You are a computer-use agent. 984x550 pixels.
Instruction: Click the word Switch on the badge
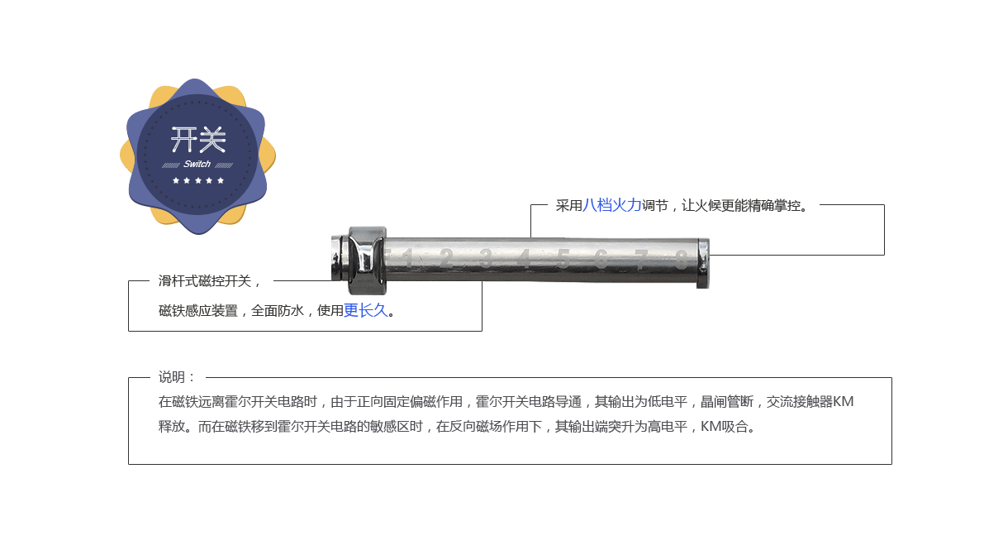[x=197, y=164]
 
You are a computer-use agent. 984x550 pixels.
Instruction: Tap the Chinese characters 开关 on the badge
[x=197, y=140]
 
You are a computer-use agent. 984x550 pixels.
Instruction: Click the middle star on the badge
[x=197, y=180]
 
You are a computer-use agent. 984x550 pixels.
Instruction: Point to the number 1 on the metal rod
[x=407, y=258]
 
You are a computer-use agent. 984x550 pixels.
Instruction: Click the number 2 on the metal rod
[x=445, y=258]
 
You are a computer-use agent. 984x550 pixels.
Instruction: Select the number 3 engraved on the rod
[x=485, y=258]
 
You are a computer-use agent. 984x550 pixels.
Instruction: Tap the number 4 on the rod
[x=524, y=259]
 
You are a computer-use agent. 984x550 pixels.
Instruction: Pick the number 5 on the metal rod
[x=563, y=259]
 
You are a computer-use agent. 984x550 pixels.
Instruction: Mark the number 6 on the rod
[x=601, y=259]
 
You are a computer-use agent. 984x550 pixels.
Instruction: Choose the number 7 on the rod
[x=641, y=259]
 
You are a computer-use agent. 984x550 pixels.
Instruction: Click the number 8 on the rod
[x=680, y=259]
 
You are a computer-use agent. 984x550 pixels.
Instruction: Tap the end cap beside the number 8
[x=702, y=263]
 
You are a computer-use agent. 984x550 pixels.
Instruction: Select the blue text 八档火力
[x=612, y=206]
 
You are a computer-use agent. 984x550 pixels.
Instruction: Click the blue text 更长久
[x=365, y=311]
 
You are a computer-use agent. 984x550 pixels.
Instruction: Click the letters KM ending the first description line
[x=843, y=403]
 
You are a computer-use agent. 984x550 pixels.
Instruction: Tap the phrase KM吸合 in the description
[x=727, y=428]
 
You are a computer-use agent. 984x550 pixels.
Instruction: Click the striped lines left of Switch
[x=172, y=165]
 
